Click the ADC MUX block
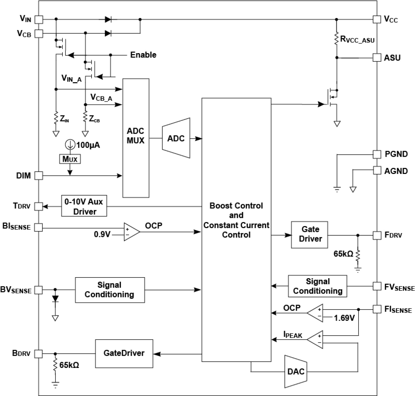point(136,138)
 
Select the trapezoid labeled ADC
point(176,138)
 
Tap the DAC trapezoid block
point(296,372)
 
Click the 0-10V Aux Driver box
point(84,206)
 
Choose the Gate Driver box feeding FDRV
point(310,235)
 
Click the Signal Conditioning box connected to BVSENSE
point(110,290)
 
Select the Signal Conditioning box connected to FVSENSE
point(318,286)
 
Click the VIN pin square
point(39,19)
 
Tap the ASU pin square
point(377,58)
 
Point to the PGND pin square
point(377,154)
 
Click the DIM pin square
point(39,176)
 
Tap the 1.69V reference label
point(344,318)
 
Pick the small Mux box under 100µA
point(70,159)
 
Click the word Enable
point(143,55)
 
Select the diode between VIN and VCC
point(108,19)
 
